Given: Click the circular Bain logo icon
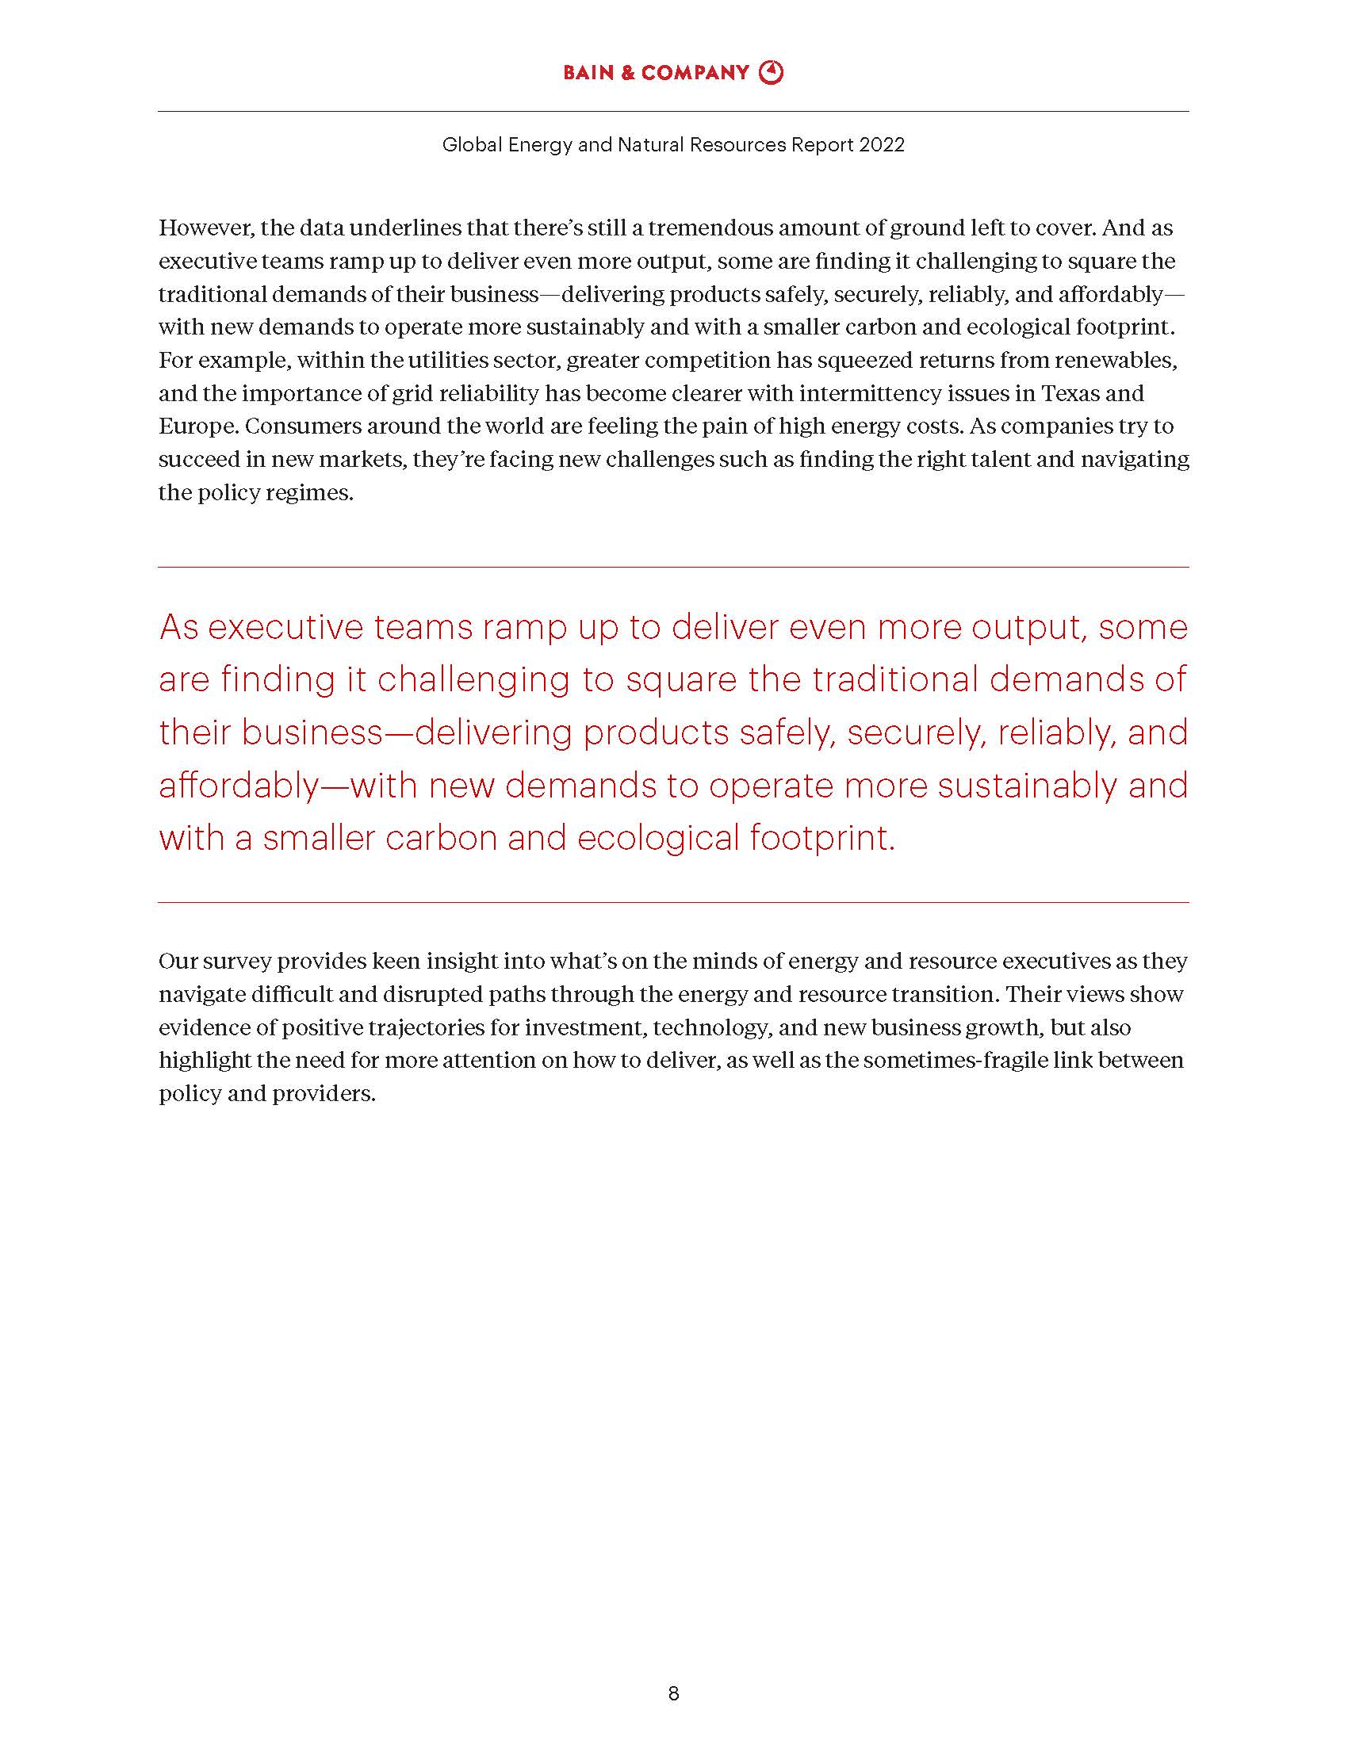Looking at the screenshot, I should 771,73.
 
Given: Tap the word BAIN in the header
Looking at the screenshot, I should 588,73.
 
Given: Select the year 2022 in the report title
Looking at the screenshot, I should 883,144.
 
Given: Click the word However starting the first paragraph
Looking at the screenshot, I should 205,228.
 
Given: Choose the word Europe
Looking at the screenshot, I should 197,426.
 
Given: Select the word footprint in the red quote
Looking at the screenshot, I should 821,839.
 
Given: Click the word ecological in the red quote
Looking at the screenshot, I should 658,839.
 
